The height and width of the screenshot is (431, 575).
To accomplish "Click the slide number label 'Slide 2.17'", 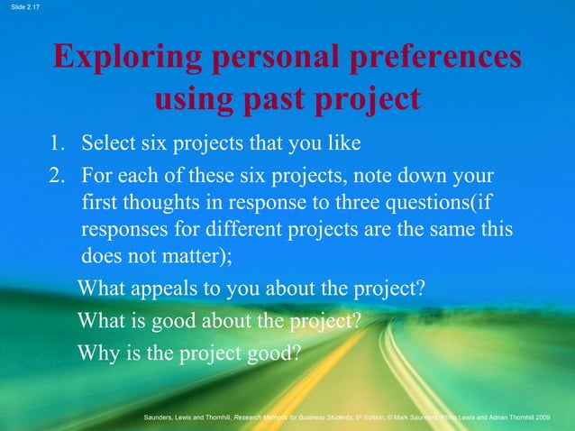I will [x=20, y=7].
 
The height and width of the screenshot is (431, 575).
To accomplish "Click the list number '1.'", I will [x=59, y=142].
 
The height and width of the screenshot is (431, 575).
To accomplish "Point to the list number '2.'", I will [x=59, y=173].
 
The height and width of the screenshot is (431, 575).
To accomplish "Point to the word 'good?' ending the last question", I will [x=273, y=352].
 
